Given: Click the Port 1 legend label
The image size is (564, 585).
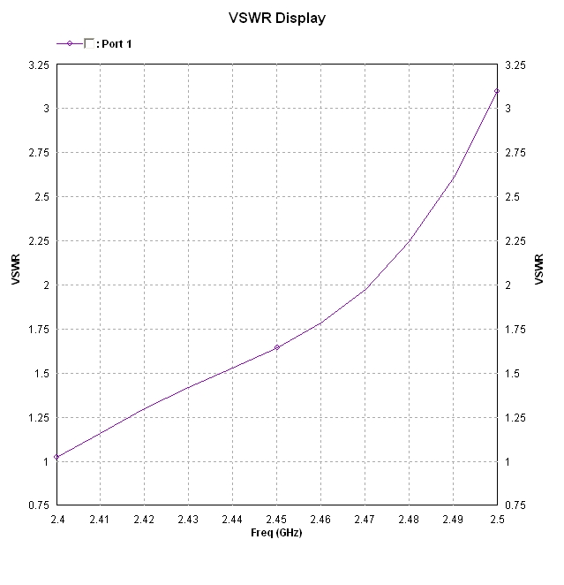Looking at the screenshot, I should pos(117,43).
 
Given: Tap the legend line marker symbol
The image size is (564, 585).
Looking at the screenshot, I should pos(70,42).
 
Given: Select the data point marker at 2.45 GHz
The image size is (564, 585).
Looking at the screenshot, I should pos(277,347).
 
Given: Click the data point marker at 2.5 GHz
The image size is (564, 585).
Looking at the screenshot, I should pos(497,91).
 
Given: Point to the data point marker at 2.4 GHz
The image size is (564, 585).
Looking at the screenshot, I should pos(56,457).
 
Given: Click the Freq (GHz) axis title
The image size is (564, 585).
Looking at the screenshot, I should pos(276,534).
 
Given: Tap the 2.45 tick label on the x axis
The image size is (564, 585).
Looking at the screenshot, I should pos(277,521).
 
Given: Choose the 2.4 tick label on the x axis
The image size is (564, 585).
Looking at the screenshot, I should pos(56,521).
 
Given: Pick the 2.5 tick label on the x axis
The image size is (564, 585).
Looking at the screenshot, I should pos(497,521).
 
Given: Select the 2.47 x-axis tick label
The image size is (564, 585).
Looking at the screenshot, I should pos(365,521).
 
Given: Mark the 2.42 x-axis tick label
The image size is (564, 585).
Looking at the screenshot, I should pos(145,521).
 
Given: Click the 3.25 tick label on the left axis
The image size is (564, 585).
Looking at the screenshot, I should pos(40,65).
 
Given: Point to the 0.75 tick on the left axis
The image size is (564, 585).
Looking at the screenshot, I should pos(40,505).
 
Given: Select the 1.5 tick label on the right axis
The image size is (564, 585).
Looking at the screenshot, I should pos(511,374).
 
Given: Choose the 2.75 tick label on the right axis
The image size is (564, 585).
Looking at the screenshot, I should pos(514,153).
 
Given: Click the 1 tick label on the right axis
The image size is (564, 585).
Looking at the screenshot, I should pos(507,461).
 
